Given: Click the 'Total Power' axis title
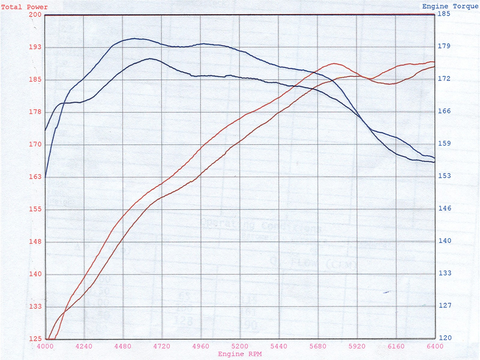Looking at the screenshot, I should [24, 7].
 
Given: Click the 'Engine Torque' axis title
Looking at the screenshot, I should [450, 6].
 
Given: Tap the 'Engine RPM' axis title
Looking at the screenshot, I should [240, 354].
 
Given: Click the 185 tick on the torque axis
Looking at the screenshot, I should [444, 14].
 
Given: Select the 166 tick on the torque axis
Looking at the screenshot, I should [444, 111].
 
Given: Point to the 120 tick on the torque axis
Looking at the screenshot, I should [445, 338].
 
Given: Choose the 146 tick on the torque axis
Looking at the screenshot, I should [445, 208].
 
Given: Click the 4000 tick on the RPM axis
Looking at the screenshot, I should [45, 346].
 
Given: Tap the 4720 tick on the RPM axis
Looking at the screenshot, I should [162, 346].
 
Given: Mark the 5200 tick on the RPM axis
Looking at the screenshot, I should [240, 346].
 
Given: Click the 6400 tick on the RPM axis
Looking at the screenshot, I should [435, 346].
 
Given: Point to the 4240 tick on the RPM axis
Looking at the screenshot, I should [84, 346].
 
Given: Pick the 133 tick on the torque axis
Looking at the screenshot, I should [445, 273].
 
